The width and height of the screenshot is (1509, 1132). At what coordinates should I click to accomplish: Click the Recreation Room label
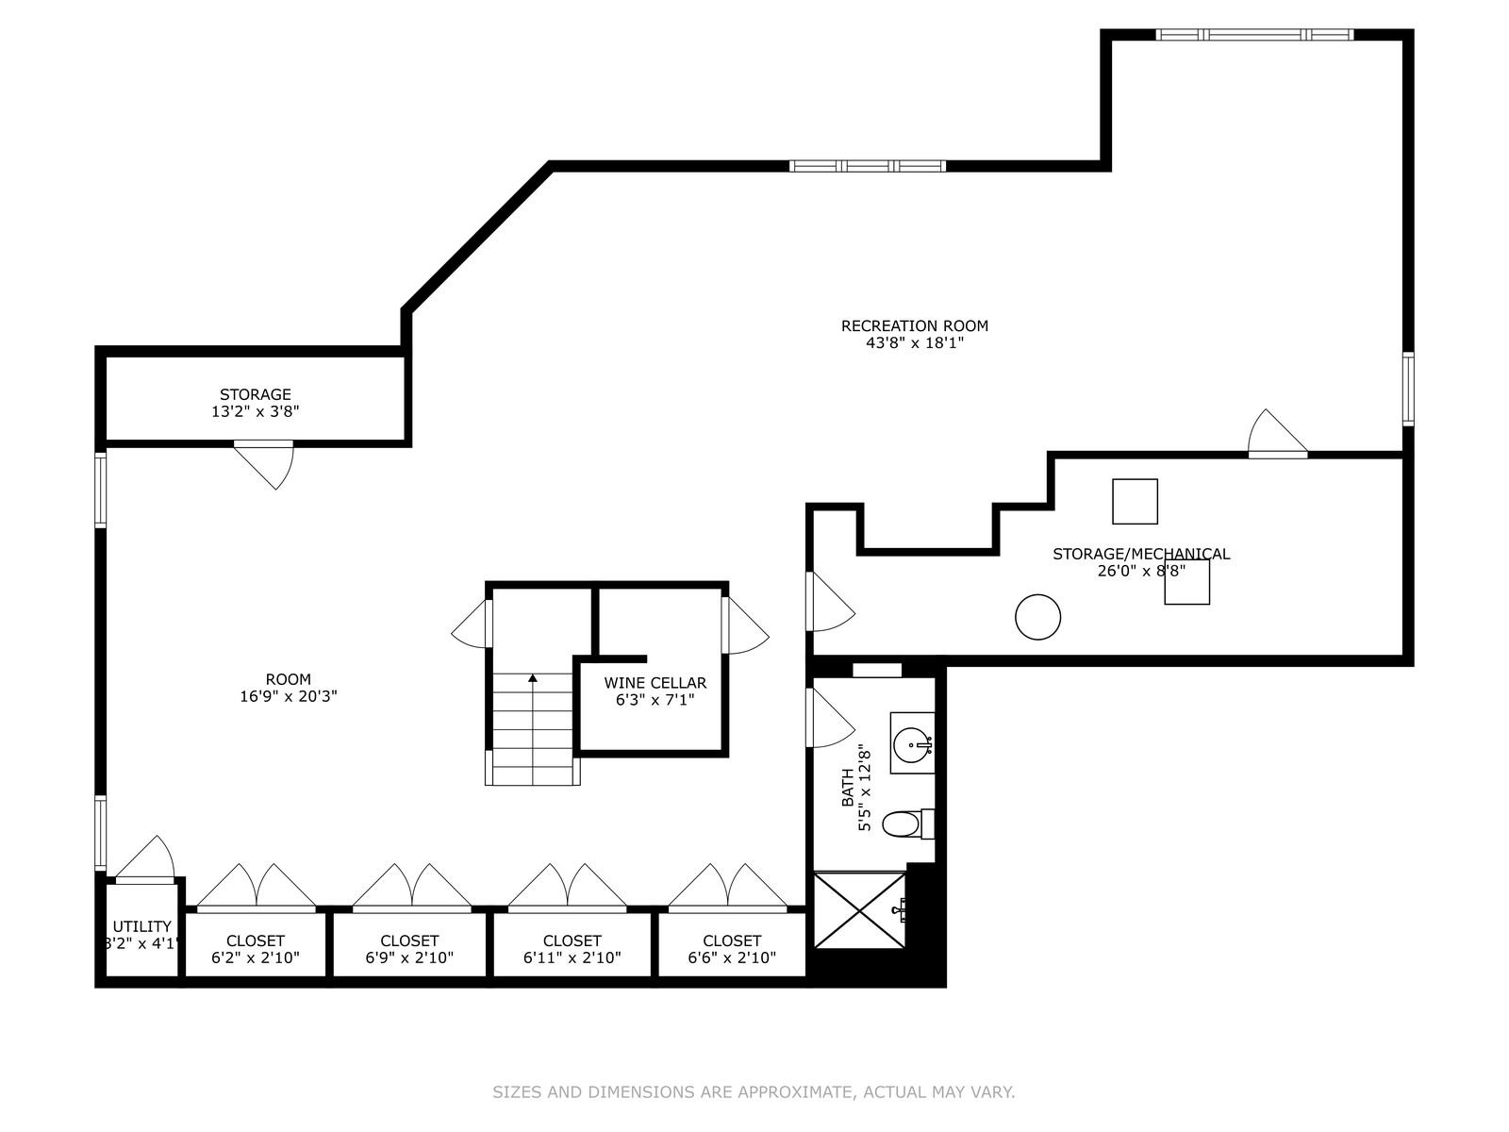[x=914, y=325]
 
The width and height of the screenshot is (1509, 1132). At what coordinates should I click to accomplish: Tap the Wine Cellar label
[x=655, y=682]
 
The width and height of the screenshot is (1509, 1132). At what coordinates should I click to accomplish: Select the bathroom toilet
[x=907, y=824]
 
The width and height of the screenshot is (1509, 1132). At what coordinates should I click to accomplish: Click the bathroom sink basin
[x=912, y=744]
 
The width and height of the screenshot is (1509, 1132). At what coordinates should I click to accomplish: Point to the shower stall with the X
[x=859, y=910]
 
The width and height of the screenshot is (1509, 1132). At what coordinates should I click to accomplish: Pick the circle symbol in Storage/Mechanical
[x=1038, y=617]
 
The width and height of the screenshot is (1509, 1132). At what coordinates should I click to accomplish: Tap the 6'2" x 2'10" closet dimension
[x=255, y=957]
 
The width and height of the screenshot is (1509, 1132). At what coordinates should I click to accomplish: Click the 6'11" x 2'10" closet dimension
[x=572, y=957]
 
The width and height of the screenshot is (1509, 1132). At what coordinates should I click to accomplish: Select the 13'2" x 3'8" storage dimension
[x=255, y=411]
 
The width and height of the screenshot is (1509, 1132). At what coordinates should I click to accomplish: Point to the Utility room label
[x=141, y=926]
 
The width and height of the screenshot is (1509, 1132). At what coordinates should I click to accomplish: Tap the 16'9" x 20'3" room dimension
[x=288, y=696]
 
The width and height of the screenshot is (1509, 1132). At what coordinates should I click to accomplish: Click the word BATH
[x=848, y=788]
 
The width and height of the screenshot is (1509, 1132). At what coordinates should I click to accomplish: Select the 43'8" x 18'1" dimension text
[x=914, y=343]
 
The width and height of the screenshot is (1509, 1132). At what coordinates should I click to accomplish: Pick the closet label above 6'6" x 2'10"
[x=732, y=941]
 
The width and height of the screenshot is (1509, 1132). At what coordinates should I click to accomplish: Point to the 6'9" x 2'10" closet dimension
[x=409, y=957]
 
